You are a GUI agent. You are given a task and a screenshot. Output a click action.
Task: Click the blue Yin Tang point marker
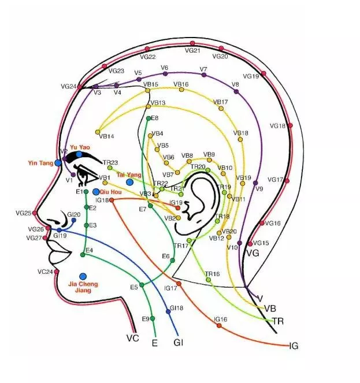coord(58,163)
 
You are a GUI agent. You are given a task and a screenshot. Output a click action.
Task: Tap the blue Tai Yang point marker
coord(129,182)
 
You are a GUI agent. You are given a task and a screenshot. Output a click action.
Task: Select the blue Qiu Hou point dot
coord(96,191)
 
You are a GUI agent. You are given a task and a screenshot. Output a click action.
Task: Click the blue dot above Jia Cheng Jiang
coord(83,277)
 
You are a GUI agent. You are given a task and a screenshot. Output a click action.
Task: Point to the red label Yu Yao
coord(80,147)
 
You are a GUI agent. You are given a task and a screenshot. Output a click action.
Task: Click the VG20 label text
coord(220,56)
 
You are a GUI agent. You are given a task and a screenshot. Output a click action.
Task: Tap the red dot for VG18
coord(290,125)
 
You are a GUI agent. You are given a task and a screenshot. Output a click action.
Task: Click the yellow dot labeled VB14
coord(98,132)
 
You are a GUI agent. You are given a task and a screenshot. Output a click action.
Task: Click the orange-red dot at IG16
coord(218,326)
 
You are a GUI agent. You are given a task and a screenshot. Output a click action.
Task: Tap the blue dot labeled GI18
coord(168,311)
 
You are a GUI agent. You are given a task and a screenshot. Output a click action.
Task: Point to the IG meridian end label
coord(294,346)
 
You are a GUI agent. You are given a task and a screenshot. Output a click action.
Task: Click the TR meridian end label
coord(278,321)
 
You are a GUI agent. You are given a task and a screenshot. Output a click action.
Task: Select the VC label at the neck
coord(132,337)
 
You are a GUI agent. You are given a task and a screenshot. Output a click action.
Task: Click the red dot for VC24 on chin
coord(57,272)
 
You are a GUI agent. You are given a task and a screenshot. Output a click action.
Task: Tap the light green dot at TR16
coord(209,280)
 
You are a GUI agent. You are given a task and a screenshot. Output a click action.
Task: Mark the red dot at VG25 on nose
coord(35,213)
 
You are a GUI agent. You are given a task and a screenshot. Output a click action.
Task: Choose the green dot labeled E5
coord(142,285)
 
